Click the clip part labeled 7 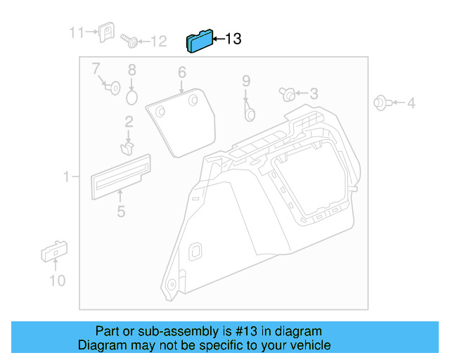coord(111,86)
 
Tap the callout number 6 coord(181,72)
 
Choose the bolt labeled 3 coord(288,94)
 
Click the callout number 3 coord(314,94)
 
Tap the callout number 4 coord(411,104)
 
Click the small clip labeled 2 coord(128,147)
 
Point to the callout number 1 coord(66,177)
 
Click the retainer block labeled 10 coord(53,252)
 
